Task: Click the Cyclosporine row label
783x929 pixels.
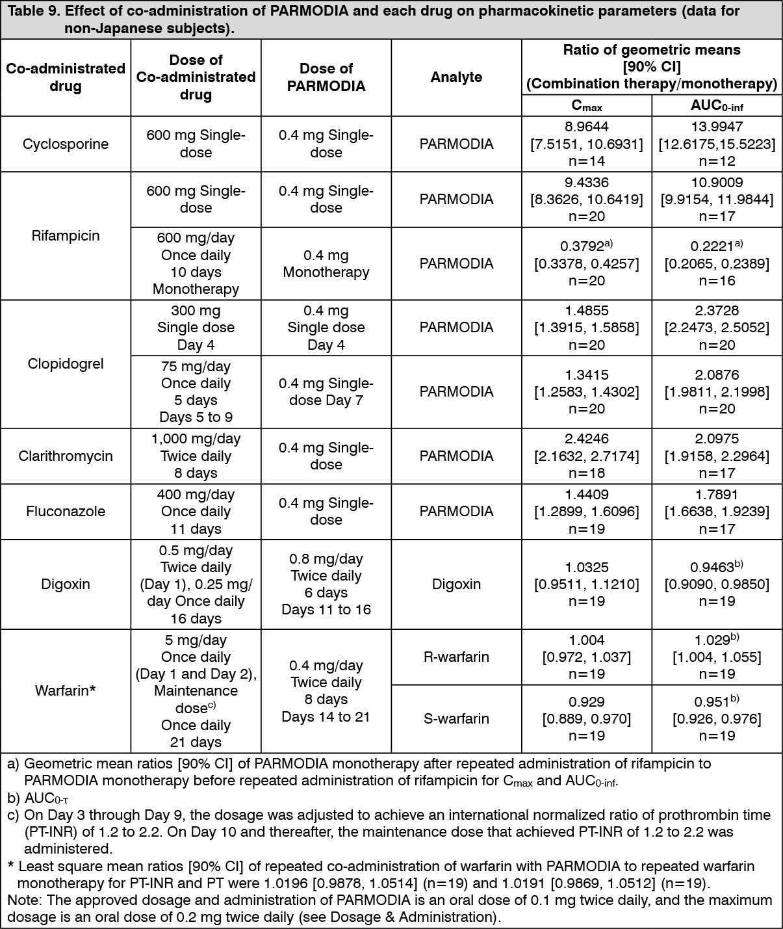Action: (66, 144)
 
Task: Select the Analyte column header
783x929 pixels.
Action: (456, 77)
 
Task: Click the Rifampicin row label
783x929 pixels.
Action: (66, 235)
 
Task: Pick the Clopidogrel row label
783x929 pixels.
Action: (66, 363)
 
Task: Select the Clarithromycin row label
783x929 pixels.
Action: (66, 456)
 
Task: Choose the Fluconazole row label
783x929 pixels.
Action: (66, 511)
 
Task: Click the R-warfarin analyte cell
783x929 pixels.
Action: (456, 657)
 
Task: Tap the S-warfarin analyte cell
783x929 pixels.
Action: (456, 718)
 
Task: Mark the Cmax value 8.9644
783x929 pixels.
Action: (586, 127)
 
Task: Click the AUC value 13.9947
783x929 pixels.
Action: (716, 127)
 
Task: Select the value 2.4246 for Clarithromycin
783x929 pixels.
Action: (586, 439)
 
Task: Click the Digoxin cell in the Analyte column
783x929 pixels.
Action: (456, 584)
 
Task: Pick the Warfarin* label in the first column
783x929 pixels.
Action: (66, 690)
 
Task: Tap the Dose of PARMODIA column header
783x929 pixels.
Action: (326, 77)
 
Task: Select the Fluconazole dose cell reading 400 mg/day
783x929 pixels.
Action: (196, 495)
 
